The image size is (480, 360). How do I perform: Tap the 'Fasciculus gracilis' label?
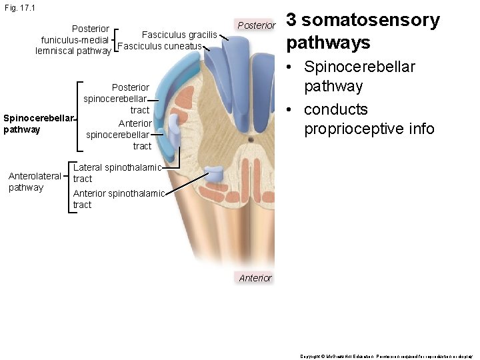[x=179, y=35]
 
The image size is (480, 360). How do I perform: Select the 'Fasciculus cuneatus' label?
[x=159, y=46]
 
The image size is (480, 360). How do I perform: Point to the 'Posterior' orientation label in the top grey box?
[x=256, y=25]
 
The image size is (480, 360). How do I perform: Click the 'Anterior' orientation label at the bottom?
[x=255, y=278]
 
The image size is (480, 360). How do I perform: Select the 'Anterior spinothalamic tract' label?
[x=117, y=199]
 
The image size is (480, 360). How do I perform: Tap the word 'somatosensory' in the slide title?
[x=371, y=21]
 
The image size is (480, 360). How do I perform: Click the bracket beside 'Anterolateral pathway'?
[x=69, y=186]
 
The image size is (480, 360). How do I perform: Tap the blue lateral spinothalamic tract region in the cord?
[x=216, y=175]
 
